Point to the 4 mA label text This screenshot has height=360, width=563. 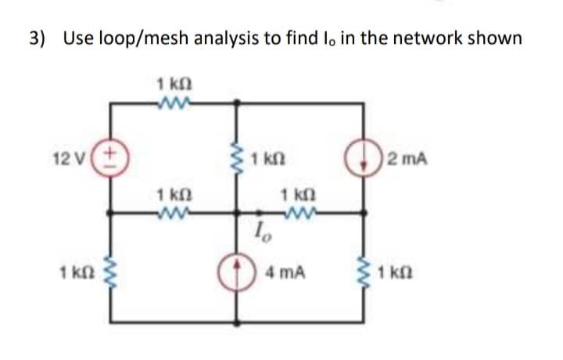[284, 275]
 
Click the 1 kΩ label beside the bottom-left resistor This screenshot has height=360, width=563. [83, 275]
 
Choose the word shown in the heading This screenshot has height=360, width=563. [493, 38]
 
